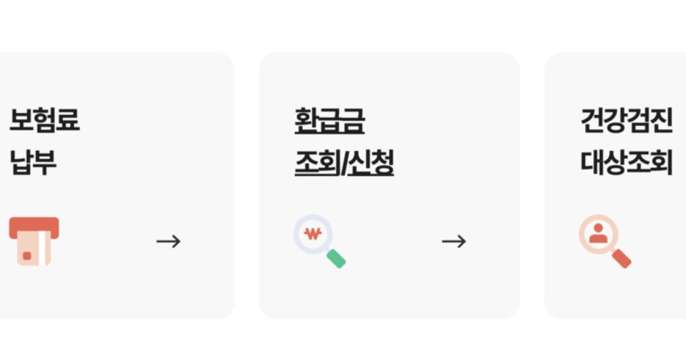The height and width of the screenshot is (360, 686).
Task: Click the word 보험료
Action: coord(45,120)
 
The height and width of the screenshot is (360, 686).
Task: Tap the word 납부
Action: coord(33,162)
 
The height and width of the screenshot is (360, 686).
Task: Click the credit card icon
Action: coord(34,241)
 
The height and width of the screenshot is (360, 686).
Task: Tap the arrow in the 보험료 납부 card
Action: coord(168,241)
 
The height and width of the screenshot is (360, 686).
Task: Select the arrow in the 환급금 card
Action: coord(454,241)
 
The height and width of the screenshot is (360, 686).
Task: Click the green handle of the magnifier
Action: coord(336,259)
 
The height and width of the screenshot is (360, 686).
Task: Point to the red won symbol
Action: coord(313,233)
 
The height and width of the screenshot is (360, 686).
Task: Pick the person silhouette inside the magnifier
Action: coord(598,233)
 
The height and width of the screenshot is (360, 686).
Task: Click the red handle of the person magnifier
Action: coord(621,259)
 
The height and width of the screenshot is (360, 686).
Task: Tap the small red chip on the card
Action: coord(27,256)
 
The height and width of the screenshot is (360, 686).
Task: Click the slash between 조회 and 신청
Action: coord(344,163)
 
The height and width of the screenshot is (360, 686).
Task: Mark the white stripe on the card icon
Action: coord(45,251)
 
